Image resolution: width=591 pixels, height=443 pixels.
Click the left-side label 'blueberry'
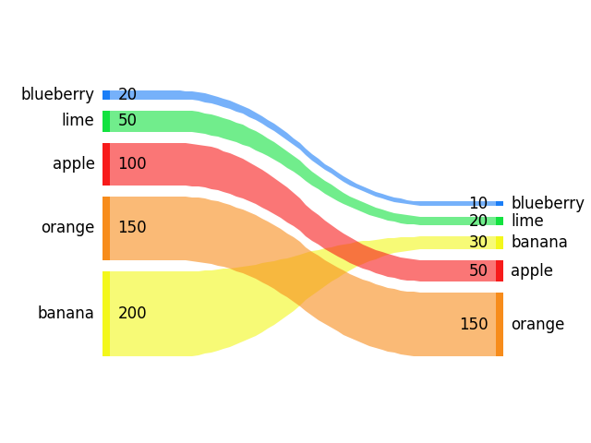pyautogui.click(x=57, y=94)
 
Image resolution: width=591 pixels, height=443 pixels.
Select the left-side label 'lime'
pyautogui.click(x=78, y=120)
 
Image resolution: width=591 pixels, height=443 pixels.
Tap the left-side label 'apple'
pyautogui.click(x=74, y=164)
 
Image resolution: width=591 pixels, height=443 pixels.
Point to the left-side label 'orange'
pyautogui.click(x=67, y=227)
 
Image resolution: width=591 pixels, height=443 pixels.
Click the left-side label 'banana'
pyautogui.click(x=66, y=313)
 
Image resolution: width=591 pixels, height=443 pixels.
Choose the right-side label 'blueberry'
pyautogui.click(x=548, y=203)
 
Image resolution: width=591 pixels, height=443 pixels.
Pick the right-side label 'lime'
pyautogui.click(x=527, y=221)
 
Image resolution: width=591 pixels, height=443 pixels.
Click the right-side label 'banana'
pyautogui.click(x=539, y=242)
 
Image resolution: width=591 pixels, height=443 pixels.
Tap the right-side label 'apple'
pyautogui.click(x=532, y=270)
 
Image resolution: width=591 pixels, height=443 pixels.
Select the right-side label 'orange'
pyautogui.click(x=537, y=324)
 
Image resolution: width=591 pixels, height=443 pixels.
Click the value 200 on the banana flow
pyautogui.click(x=132, y=313)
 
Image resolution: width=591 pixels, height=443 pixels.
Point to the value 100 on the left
pyautogui.click(x=132, y=164)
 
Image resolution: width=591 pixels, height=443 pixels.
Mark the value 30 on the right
pyautogui.click(x=478, y=242)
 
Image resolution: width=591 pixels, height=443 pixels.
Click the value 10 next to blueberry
pyautogui.click(x=478, y=203)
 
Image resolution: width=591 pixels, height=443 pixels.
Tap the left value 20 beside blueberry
pyautogui.click(x=127, y=94)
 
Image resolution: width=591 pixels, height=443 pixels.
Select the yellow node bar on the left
pyautogui.click(x=106, y=313)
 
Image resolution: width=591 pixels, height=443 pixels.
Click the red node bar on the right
pyautogui.click(x=500, y=270)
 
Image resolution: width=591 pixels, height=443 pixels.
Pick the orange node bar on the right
pyautogui.click(x=500, y=324)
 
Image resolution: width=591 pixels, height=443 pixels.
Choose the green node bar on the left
pyautogui.click(x=106, y=121)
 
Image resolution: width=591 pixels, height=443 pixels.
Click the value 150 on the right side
pyautogui.click(x=474, y=324)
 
